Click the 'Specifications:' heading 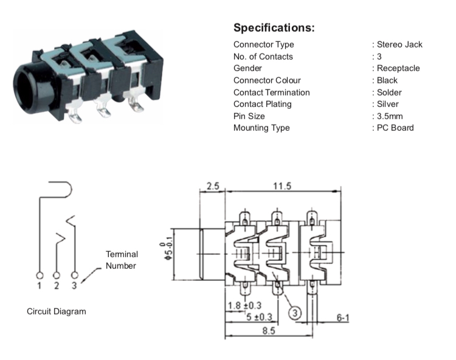pyautogui.click(x=274, y=28)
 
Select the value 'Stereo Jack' pyautogui.click(x=399, y=44)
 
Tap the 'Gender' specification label pyautogui.click(x=248, y=68)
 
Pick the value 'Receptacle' pyautogui.click(x=398, y=68)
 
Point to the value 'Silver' pyautogui.click(x=389, y=104)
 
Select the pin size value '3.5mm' pyautogui.click(x=390, y=116)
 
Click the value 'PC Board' pyautogui.click(x=395, y=128)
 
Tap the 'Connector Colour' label pyautogui.click(x=267, y=80)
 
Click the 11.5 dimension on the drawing pyautogui.click(x=281, y=186)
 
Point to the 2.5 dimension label pyautogui.click(x=212, y=186)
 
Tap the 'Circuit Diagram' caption pyautogui.click(x=57, y=311)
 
